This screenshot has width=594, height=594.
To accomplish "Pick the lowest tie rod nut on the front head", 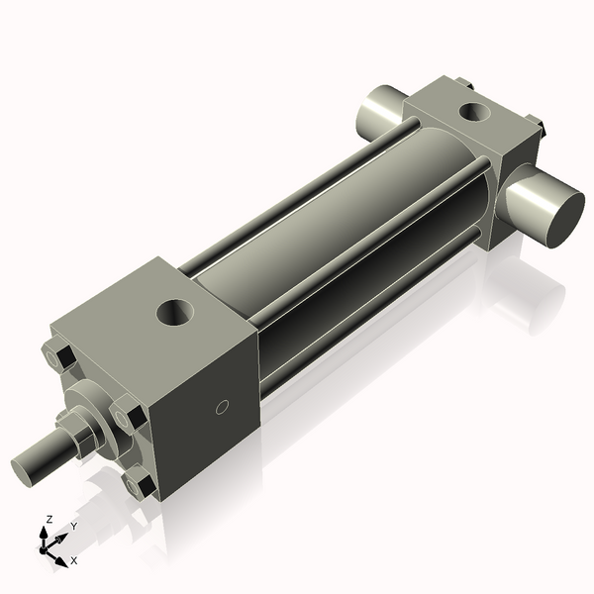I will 139,485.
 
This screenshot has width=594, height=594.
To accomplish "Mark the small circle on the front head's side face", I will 223,406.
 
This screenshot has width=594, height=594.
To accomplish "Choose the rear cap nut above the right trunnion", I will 536,126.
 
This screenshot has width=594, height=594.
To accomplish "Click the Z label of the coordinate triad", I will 49,519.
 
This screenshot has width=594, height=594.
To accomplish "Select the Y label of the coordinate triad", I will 73,526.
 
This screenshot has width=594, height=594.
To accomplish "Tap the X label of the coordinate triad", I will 73,560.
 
